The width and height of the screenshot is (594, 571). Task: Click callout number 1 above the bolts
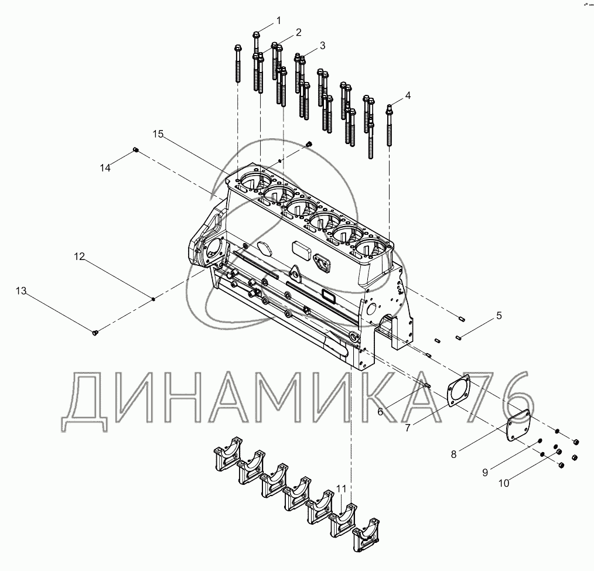click(279, 20)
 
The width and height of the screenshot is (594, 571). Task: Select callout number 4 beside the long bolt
click(408, 95)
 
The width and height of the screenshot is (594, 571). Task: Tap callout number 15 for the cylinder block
click(158, 134)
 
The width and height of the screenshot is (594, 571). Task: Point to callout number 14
click(105, 167)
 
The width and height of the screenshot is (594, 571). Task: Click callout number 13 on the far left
click(21, 291)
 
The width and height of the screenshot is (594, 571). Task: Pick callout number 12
click(79, 257)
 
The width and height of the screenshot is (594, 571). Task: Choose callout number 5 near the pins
click(499, 316)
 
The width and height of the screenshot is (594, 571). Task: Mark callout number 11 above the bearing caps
click(342, 489)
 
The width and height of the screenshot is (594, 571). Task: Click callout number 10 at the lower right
click(504, 483)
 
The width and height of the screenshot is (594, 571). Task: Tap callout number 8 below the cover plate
click(454, 454)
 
